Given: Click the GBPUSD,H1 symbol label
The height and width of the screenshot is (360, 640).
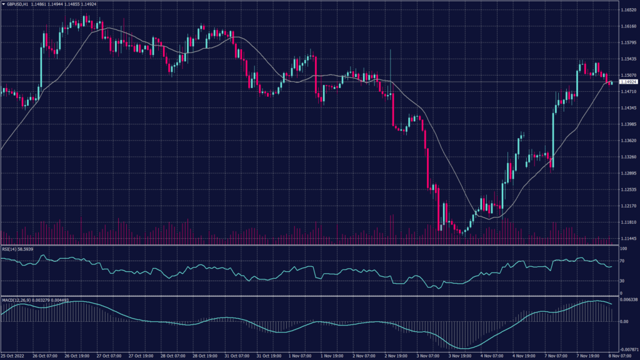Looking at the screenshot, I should pos(17,4).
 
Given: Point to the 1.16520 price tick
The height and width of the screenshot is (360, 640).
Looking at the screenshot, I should pos(627,10).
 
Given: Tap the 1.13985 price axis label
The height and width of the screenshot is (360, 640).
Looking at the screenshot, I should pos(627,124).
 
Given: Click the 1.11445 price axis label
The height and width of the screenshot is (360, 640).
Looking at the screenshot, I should pos(627,238).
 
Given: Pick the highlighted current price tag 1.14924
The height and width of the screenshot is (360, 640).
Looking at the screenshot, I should pos(627,82).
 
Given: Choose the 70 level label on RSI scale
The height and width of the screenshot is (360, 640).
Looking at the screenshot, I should pos(621,261).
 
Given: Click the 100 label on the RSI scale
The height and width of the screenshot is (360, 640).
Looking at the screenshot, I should pos(622,249).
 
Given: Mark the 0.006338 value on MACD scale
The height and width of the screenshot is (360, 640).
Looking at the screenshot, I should pos(627,300).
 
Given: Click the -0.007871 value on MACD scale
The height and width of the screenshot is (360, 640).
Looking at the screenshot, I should pos(627,350).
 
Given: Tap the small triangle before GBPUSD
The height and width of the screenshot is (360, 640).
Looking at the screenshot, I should pos(3,4).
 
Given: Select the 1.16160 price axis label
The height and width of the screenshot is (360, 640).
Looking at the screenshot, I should pos(627,26).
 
